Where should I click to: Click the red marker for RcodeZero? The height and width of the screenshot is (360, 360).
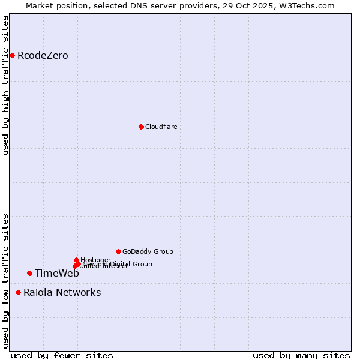(x=12, y=56)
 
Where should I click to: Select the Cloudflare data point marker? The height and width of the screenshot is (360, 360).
(x=141, y=127)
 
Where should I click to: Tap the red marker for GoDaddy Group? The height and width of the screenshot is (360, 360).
(x=118, y=251)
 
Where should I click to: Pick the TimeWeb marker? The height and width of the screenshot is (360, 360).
(x=29, y=274)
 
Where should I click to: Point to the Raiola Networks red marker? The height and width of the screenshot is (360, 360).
(x=19, y=293)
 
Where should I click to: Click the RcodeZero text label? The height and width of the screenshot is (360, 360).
(x=43, y=56)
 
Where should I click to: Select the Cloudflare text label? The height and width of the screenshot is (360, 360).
(x=161, y=127)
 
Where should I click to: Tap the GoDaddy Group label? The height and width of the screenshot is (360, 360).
(x=148, y=251)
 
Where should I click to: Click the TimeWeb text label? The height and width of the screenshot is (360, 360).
(x=57, y=274)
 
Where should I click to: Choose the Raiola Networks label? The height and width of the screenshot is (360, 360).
(x=62, y=293)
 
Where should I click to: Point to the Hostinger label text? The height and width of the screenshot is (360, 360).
(x=95, y=260)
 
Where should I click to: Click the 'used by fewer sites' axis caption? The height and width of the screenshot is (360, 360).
(x=62, y=355)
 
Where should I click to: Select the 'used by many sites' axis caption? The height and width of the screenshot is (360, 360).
(x=301, y=355)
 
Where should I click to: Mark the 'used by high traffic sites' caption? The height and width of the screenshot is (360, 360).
(x=5, y=85)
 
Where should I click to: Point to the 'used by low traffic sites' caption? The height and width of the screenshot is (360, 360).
(x=5, y=281)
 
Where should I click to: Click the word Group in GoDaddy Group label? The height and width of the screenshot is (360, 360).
(x=163, y=251)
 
